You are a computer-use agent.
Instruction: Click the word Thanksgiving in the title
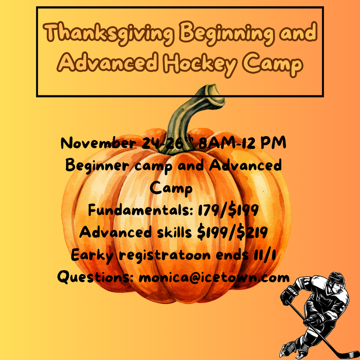coord(109,33)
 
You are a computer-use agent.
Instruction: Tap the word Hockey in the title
coord(200,64)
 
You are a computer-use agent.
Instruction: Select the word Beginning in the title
coord(226,33)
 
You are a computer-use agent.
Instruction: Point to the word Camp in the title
coord(273,64)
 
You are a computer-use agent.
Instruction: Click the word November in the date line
coord(99,143)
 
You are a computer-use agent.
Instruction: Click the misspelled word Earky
coord(92,255)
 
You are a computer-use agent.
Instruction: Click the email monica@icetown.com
coord(214,277)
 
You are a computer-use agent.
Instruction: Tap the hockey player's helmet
coord(337,278)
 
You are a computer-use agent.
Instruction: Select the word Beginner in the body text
coord(97,166)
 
